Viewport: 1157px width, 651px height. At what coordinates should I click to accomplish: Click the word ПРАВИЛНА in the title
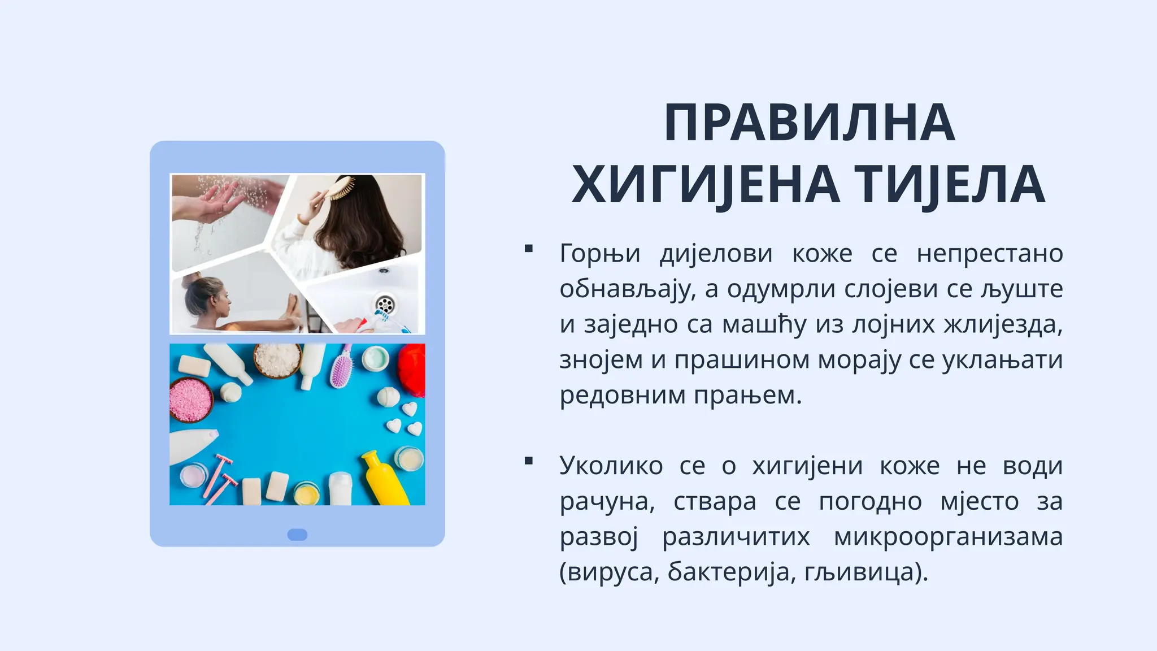click(x=808, y=123)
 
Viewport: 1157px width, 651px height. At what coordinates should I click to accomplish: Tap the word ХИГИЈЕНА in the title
click(x=705, y=184)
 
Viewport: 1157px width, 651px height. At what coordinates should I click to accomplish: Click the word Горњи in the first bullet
click(x=599, y=253)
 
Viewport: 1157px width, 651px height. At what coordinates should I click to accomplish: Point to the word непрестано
click(x=990, y=253)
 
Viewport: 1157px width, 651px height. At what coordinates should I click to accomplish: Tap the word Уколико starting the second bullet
click(x=611, y=466)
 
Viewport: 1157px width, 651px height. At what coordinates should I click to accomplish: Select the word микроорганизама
click(x=948, y=536)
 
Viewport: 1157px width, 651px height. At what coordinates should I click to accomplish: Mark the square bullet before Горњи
click(x=529, y=249)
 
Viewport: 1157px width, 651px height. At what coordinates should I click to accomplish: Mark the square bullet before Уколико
click(x=529, y=461)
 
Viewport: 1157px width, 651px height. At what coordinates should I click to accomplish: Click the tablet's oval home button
click(x=297, y=535)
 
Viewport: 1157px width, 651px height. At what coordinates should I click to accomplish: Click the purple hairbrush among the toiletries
click(x=341, y=368)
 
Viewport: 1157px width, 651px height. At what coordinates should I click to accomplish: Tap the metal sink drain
click(x=385, y=305)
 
